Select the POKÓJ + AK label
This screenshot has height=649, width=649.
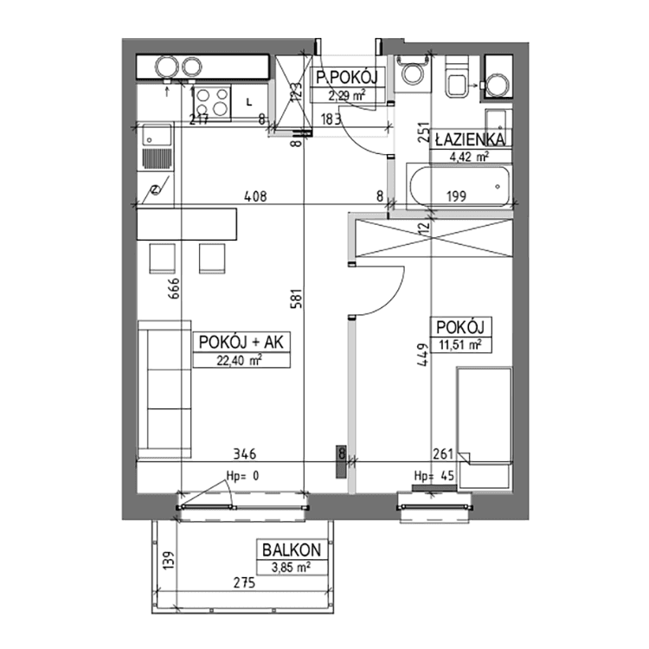click(x=241, y=343)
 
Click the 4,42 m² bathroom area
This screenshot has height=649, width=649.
click(x=468, y=157)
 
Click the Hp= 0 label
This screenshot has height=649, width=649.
click(x=242, y=475)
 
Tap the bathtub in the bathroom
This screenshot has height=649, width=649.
click(x=458, y=183)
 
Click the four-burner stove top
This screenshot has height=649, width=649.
click(x=212, y=102)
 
